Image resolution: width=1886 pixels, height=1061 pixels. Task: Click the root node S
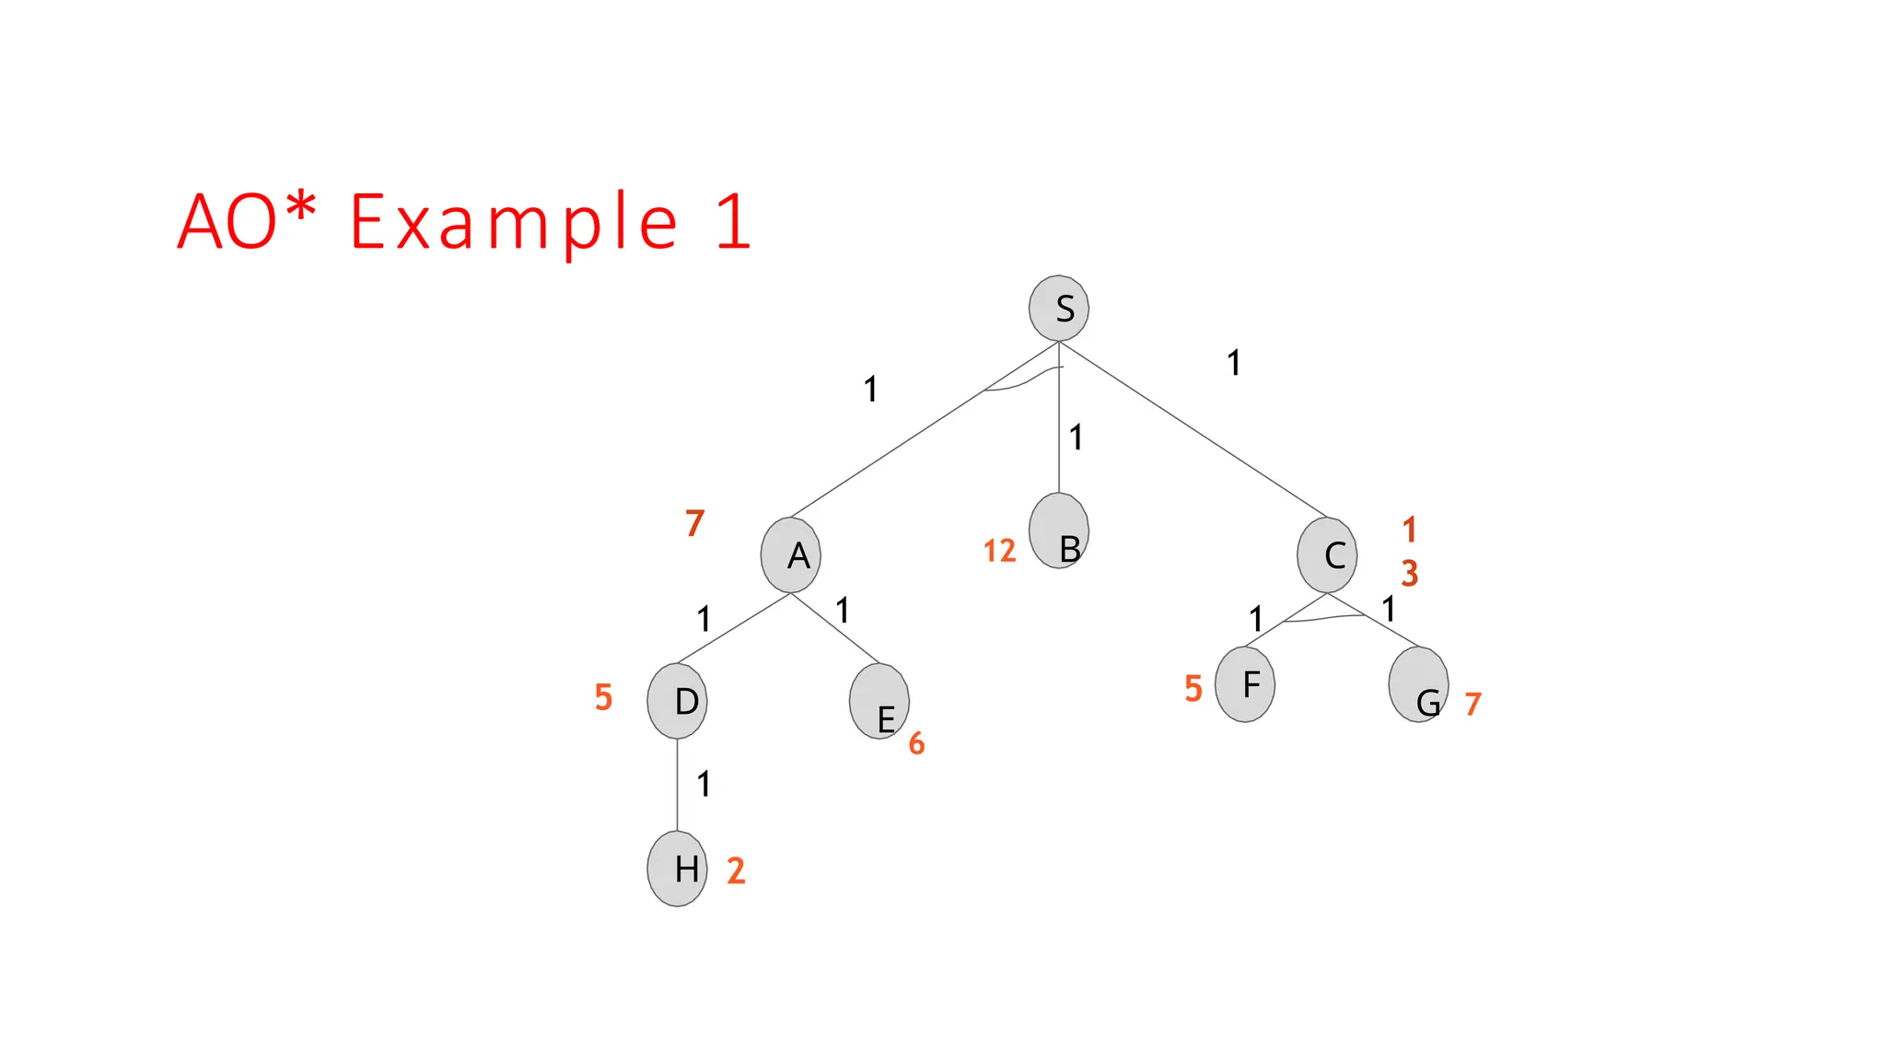[x=1059, y=308]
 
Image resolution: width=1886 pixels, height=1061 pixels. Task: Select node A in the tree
[x=791, y=554]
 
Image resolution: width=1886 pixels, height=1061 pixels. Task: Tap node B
[x=1059, y=530]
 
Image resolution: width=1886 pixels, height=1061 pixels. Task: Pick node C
[x=1327, y=554]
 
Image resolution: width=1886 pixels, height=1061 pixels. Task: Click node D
[x=677, y=701]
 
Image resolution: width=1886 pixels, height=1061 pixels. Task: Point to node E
[x=879, y=701]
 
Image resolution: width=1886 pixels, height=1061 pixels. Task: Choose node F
[x=1245, y=684]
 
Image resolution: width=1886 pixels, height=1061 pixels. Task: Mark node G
[x=1418, y=684]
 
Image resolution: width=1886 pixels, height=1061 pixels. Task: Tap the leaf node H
[x=677, y=869]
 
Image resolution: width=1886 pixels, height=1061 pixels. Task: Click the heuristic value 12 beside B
[x=999, y=551]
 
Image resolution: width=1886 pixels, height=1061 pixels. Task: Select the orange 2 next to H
[x=736, y=870]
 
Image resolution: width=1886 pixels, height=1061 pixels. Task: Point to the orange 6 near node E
[x=916, y=743]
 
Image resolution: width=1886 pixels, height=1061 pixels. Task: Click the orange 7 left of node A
[x=695, y=523]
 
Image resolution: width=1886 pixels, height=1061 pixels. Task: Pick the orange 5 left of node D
[x=603, y=697]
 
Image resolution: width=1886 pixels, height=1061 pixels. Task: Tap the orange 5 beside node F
[x=1193, y=688]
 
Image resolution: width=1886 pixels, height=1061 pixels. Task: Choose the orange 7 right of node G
[x=1473, y=704]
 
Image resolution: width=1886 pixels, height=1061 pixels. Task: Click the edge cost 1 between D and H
[x=704, y=784]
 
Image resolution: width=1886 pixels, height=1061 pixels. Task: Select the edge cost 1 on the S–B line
[x=1076, y=437]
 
